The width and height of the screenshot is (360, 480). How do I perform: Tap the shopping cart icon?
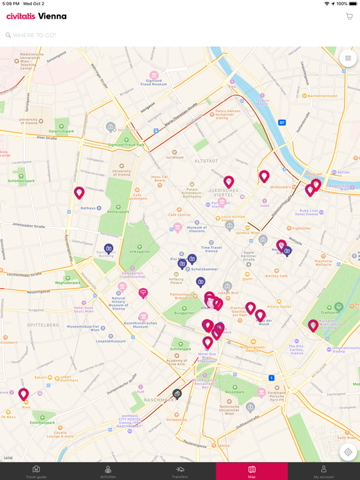click(349, 16)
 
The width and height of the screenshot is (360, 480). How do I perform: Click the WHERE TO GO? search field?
click(125, 35)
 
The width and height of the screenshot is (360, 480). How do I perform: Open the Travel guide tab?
click(36, 471)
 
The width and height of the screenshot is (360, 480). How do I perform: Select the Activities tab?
click(108, 471)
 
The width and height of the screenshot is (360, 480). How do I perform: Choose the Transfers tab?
click(180, 471)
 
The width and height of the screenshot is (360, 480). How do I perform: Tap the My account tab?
click(323, 471)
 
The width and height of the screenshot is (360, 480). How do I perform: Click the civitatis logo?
click(36, 16)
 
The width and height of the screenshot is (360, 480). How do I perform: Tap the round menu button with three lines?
click(348, 58)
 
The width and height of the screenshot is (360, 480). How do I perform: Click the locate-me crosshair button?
click(348, 452)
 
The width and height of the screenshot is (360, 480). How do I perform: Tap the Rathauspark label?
click(118, 211)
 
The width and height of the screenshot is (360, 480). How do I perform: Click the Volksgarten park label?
click(139, 251)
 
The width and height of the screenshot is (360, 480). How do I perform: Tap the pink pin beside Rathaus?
click(79, 192)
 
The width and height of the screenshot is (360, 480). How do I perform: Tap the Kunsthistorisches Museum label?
click(144, 324)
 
